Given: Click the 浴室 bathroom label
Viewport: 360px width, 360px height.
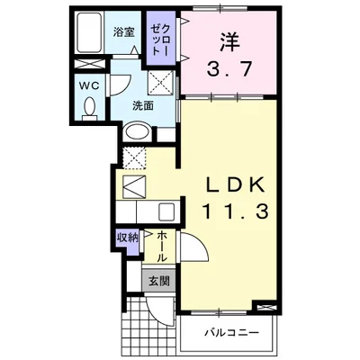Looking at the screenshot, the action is coord(123,32).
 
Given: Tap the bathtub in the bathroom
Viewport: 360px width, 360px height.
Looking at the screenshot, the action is coord(89,32).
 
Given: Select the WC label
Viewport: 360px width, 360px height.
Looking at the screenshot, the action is coord(89,85).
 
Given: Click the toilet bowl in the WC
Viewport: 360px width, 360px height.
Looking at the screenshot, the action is coord(90,107).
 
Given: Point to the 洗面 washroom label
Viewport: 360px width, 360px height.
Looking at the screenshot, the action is coord(143,105).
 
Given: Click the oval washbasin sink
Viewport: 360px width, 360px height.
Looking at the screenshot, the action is coord(138,131).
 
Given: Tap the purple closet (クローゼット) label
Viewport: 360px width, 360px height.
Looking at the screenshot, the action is coord(160,40).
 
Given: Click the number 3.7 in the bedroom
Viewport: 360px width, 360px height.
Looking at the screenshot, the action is coord(229,69).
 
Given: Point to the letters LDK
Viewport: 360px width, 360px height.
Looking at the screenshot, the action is coord(235,184).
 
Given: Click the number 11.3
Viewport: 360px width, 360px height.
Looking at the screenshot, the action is coord(236,211).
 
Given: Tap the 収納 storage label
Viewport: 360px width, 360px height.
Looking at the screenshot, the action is coord(128,238).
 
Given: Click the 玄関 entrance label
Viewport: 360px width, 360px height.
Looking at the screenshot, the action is coord(159,281).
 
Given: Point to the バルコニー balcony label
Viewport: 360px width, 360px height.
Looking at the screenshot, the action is coord(231,333).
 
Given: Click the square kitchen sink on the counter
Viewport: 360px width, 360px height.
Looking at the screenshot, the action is coord(166,212).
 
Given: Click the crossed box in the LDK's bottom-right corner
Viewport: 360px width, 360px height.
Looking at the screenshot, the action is coord(265,307).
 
